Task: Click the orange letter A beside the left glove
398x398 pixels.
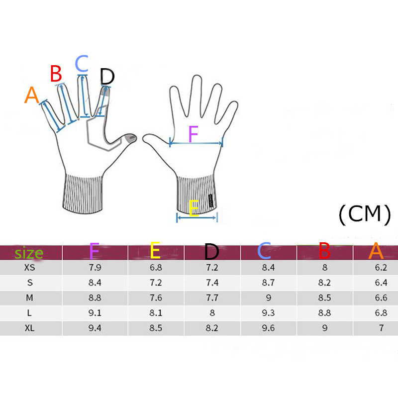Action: (32, 95)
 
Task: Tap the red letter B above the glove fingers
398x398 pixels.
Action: (56, 73)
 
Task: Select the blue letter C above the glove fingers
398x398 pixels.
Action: (82, 63)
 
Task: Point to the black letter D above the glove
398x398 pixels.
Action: (107, 77)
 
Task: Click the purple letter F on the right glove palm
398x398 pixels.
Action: (194, 134)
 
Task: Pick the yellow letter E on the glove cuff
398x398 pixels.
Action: (194, 208)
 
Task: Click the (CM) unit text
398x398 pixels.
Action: (365, 214)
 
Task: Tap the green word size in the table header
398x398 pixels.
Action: (29, 253)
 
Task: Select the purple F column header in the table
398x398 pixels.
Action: (94, 251)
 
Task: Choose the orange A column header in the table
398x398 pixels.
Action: (376, 251)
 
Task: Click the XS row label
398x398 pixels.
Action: (30, 268)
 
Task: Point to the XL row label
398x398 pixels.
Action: (30, 328)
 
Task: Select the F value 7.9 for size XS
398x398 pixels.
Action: (95, 268)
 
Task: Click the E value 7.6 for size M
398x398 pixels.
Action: (156, 298)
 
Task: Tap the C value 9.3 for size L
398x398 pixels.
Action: (268, 313)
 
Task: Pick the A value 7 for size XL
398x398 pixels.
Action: (381, 328)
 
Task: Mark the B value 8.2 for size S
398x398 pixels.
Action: (325, 283)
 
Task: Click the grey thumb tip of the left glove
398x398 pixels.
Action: (131, 138)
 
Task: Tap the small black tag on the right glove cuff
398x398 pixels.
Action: (210, 200)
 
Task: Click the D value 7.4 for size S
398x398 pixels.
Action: (212, 283)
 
